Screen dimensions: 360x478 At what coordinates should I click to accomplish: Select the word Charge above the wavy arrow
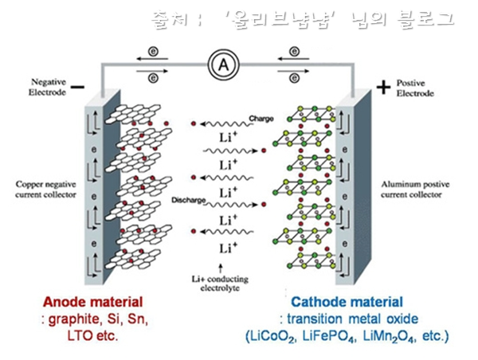coord(261,119)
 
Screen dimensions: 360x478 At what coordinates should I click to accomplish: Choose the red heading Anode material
coord(92,303)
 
